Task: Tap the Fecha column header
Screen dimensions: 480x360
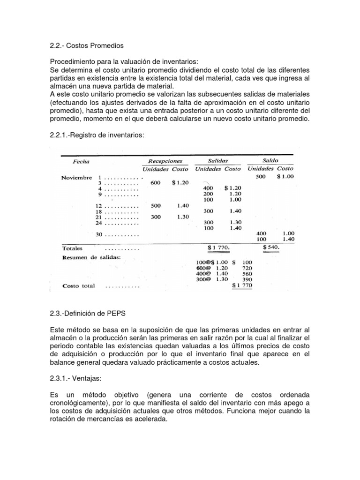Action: point(81,162)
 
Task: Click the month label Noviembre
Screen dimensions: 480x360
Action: point(76,178)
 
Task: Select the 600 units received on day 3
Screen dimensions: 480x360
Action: point(155,183)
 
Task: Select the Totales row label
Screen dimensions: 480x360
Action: point(72,248)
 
